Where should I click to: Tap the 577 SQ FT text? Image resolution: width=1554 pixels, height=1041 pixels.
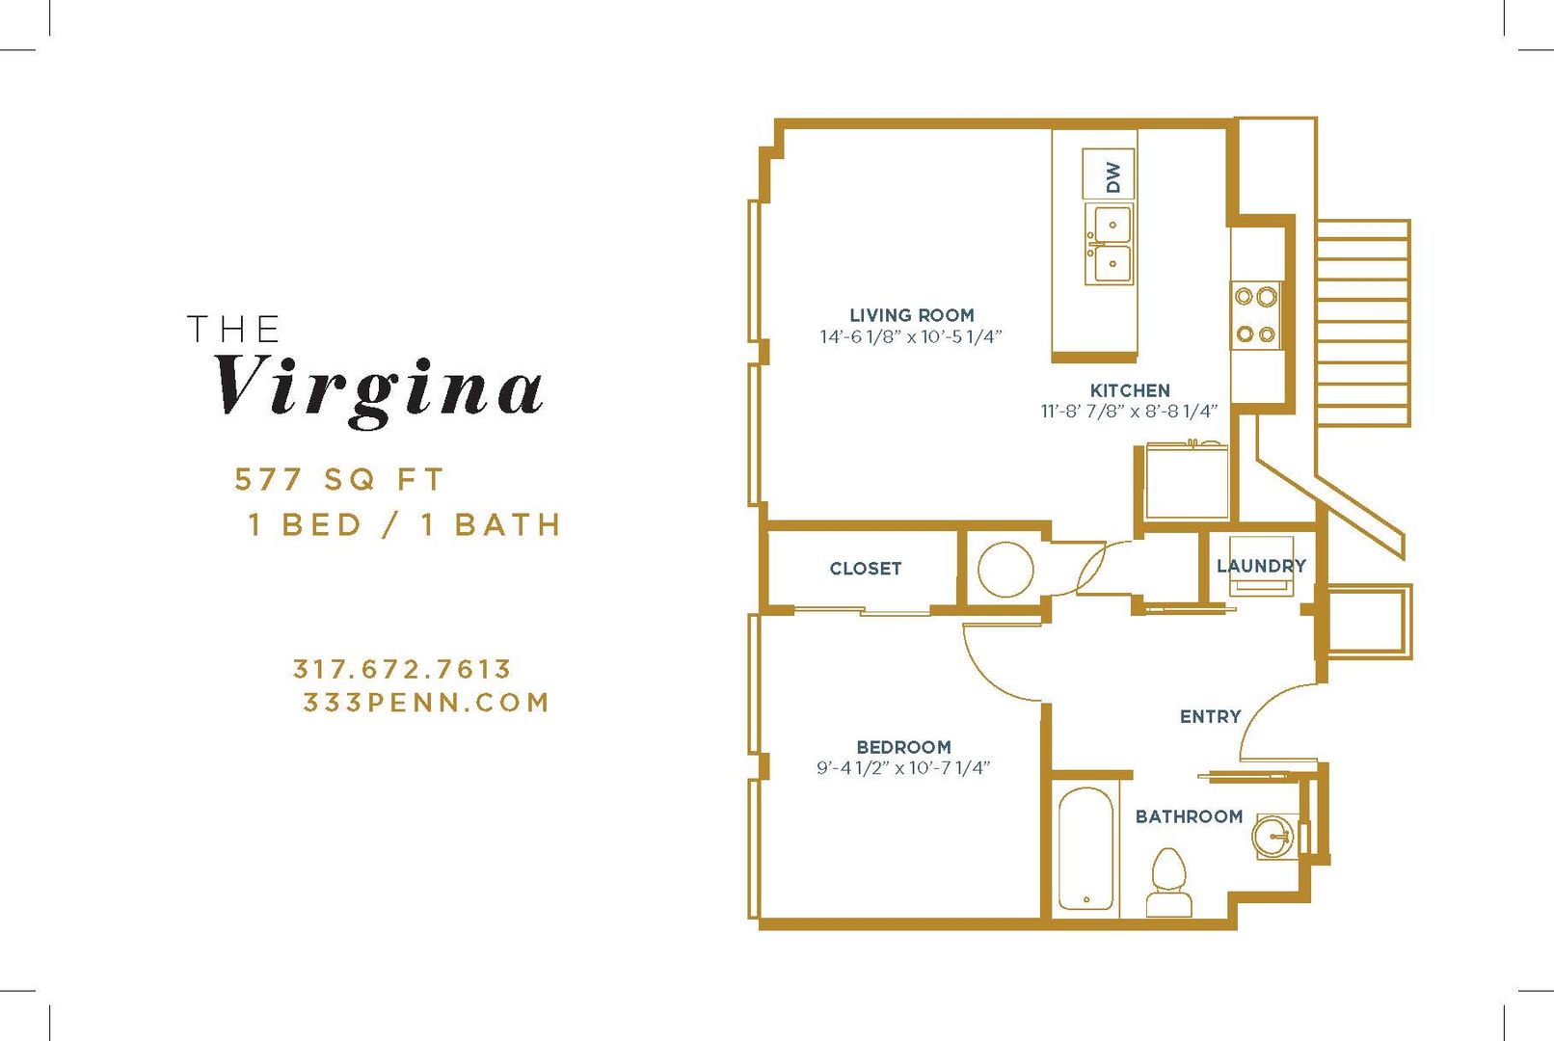(339, 479)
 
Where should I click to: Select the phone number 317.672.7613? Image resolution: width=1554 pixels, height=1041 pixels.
(402, 669)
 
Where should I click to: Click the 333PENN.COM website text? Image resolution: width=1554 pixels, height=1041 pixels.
(426, 703)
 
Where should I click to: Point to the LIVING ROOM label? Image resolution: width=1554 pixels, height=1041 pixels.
(912, 315)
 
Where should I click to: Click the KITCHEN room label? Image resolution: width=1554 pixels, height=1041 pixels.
(1130, 390)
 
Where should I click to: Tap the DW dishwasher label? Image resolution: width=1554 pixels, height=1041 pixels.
(1113, 177)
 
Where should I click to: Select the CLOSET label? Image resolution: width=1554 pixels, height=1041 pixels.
(865, 569)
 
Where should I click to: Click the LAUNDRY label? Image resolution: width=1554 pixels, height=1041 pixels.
(1261, 566)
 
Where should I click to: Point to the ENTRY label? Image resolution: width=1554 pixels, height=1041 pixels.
(1211, 716)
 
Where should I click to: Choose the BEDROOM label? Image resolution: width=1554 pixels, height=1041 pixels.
(904, 747)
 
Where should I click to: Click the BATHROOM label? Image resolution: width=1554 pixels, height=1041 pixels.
(1189, 816)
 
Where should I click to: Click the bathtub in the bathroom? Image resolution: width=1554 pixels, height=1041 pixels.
(1085, 848)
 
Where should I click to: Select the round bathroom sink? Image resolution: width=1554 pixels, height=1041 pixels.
(1273, 837)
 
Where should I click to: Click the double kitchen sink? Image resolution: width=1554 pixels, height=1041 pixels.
(1110, 244)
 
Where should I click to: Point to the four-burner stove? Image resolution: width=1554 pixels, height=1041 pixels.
(1256, 315)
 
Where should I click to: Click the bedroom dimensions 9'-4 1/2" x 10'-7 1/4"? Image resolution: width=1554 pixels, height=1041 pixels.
(903, 768)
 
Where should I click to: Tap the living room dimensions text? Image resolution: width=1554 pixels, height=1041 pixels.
(911, 336)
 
